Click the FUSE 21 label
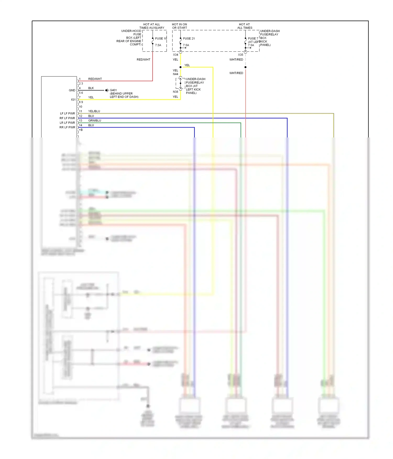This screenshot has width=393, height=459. [189, 38]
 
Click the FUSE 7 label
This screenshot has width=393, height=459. [253, 38]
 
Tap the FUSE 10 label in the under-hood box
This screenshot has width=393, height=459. [161, 38]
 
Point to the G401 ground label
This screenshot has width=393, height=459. [113, 90]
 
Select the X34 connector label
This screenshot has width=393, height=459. [175, 55]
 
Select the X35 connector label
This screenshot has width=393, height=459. [240, 55]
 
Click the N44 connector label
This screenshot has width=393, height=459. [175, 74]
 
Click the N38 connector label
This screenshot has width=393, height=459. [175, 92]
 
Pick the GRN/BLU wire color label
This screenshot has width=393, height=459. [94, 120]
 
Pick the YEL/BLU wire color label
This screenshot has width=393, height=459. [94, 111]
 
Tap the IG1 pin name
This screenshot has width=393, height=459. [73, 99]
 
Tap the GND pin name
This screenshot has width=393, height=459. [72, 90]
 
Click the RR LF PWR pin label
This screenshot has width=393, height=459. [67, 127]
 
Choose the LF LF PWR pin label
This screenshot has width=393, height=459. [67, 113]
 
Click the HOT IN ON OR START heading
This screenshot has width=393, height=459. [179, 26]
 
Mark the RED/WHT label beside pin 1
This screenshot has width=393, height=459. [95, 79]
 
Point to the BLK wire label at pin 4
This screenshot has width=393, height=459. [91, 88]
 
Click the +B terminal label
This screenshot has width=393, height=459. [81, 130]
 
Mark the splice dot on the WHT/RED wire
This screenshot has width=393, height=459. [245, 67]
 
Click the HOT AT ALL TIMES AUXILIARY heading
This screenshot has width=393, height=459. [152, 26]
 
